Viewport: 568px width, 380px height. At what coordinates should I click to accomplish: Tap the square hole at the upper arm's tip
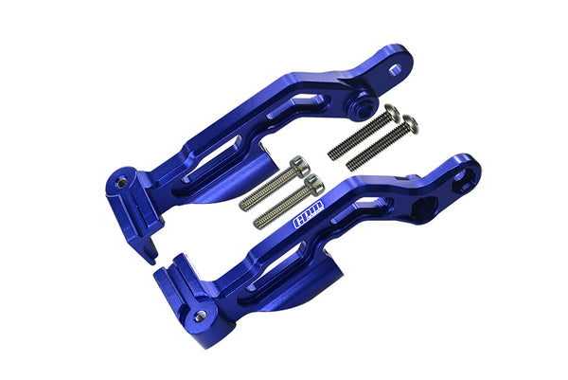[393, 68]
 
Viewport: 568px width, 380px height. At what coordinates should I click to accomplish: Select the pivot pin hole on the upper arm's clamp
[120, 177]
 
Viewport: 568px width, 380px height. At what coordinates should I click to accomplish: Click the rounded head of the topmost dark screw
[391, 112]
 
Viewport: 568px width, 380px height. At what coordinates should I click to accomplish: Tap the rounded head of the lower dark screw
[408, 122]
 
